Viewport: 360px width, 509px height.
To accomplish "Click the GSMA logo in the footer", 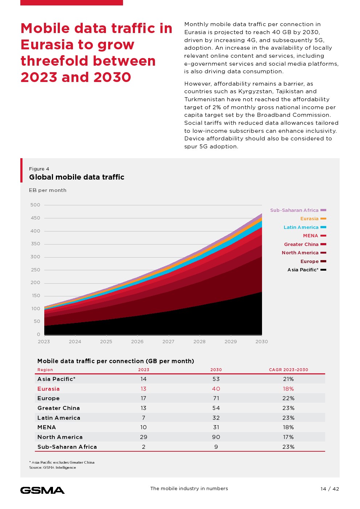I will [42, 490].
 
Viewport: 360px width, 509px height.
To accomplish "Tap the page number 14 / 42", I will [330, 489].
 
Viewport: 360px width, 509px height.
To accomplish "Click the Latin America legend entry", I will [301, 227].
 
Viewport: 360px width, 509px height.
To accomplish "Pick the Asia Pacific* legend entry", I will [303, 270].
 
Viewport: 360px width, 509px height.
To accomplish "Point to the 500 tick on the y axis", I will [36, 205].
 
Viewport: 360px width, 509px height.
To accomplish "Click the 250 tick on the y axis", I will [36, 270].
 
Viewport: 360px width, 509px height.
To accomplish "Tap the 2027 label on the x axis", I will [168, 341].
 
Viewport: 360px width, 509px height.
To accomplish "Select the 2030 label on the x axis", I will [262, 341].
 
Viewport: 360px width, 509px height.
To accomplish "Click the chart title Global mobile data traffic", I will [77, 177].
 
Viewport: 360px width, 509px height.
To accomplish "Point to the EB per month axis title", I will [48, 190].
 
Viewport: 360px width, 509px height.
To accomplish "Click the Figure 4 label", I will [39, 169].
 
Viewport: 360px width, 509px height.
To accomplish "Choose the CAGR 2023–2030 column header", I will [289, 370].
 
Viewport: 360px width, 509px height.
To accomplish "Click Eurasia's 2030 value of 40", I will [216, 389].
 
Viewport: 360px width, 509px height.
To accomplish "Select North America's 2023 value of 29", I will [144, 437].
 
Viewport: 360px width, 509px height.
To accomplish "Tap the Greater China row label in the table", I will [58, 408].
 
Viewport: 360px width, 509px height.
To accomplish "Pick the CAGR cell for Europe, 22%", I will [289, 398].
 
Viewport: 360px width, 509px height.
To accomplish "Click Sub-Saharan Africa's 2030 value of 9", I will [216, 447].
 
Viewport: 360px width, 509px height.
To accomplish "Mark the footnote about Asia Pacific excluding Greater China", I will [62, 462].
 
